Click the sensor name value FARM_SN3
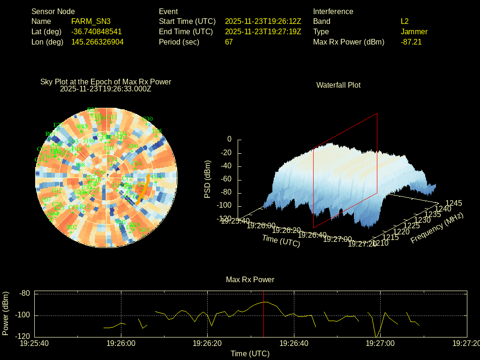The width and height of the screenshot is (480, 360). coord(91,21)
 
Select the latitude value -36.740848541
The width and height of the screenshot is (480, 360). coord(97,31)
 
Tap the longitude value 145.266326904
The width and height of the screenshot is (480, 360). coord(97,42)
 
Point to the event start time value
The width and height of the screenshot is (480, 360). coord(263,21)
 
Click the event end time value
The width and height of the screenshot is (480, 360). coord(263,31)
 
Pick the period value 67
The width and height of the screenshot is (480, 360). coord(229,42)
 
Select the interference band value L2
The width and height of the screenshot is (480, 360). coord(405,21)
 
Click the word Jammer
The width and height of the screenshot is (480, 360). coord(414,31)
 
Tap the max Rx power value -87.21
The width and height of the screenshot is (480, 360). coord(411,42)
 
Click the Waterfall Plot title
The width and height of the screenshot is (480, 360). coord(338,85)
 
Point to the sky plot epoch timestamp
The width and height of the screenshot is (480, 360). coord(105,89)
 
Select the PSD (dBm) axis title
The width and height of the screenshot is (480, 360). coord(207,180)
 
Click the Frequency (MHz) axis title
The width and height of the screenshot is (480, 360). coord(437,228)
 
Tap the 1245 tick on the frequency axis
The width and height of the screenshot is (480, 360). coord(453,203)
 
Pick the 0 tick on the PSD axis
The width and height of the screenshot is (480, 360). coord(229,139)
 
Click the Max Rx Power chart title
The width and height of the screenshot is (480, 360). coord(250,279)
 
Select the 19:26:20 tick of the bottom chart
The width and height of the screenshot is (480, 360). coord(208,343)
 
